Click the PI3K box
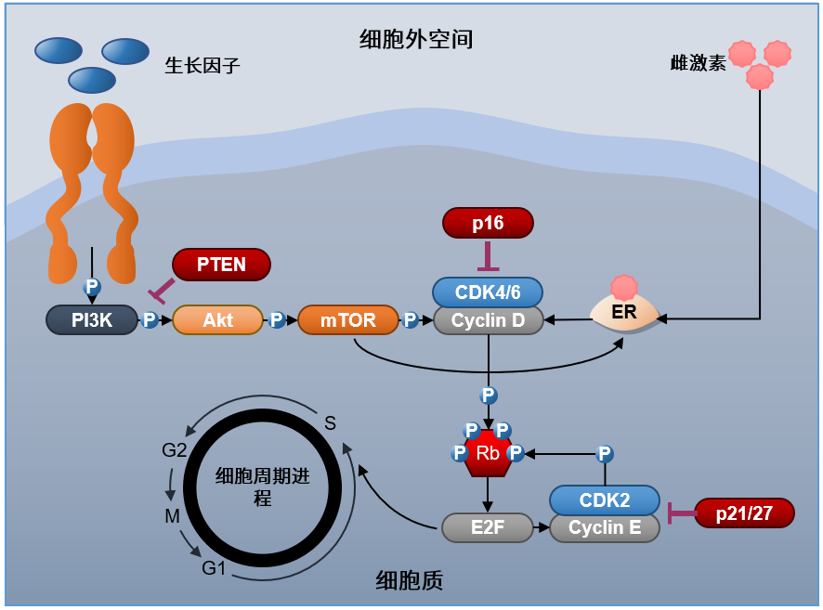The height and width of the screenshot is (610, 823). [x=92, y=320]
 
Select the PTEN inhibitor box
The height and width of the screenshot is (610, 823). [x=221, y=265]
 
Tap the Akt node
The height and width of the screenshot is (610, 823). [x=217, y=320]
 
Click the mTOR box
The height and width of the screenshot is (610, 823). [x=347, y=320]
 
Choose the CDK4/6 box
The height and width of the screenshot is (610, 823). [x=488, y=292]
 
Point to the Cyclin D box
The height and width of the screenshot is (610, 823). [x=488, y=321]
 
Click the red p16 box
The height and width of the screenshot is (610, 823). [x=488, y=223]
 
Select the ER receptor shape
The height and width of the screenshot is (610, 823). [x=625, y=314]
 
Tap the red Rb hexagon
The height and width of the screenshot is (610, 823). [x=488, y=454]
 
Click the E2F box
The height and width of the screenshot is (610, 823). [x=487, y=527]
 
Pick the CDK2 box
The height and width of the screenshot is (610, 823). [x=605, y=500]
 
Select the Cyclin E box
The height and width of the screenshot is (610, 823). [x=605, y=528]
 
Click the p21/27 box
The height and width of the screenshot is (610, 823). [x=744, y=513]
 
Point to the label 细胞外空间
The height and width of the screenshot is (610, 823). [x=416, y=39]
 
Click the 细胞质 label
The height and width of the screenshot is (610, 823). [x=410, y=580]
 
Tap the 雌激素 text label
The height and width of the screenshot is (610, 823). [x=698, y=63]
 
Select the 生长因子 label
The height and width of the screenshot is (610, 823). [x=202, y=65]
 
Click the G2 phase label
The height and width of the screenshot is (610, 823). [x=175, y=450]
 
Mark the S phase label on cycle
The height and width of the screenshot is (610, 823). [x=330, y=423]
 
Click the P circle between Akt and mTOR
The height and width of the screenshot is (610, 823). [x=276, y=320]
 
